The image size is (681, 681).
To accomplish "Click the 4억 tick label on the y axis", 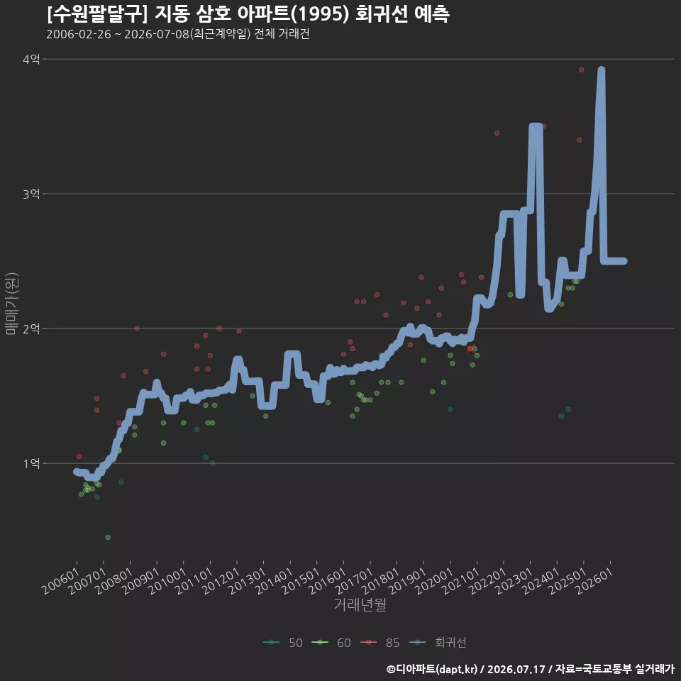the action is (x=31, y=59).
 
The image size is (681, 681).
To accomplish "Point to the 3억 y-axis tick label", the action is (x=31, y=194).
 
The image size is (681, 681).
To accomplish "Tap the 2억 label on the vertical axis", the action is (x=31, y=328).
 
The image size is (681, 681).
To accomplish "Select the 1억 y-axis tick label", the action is (x=31, y=463).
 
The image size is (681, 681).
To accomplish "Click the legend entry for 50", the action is (x=283, y=643).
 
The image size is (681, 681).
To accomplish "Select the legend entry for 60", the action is (x=331, y=643).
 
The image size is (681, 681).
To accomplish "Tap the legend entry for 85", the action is (x=380, y=643).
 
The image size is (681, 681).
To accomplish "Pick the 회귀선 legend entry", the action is (x=438, y=643).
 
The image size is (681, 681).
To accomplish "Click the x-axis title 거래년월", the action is (x=360, y=604).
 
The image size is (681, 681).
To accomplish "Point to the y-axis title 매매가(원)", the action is (x=12, y=304).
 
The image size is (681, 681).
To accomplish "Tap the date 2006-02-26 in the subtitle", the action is (x=79, y=34).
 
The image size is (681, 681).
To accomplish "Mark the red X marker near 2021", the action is (x=470, y=349).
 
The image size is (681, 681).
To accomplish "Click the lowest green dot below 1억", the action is (x=108, y=537).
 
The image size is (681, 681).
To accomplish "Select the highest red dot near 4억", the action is (x=581, y=70).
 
